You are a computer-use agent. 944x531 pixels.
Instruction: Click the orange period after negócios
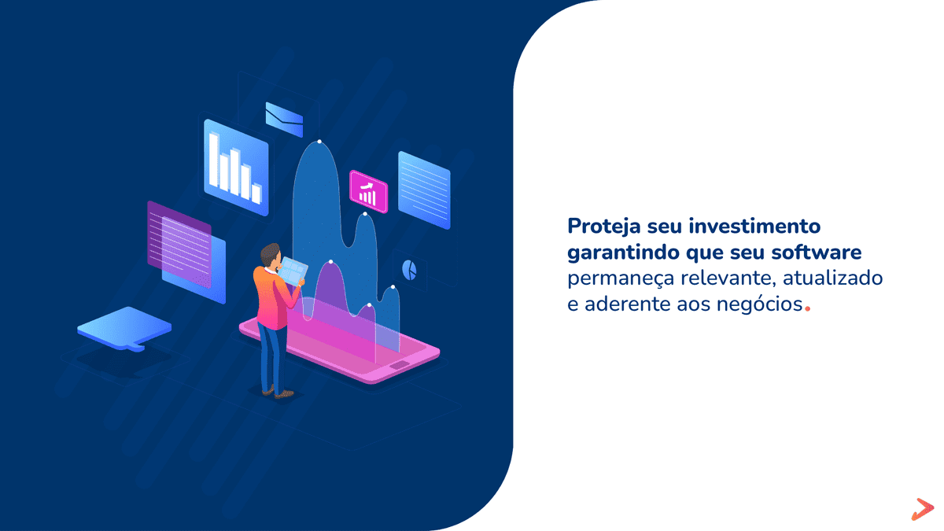pos(808,309)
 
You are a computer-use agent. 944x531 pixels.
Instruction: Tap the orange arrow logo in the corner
pos(920,508)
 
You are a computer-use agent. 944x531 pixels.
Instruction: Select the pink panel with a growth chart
pos(368,191)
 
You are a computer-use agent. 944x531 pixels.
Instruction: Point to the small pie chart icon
pos(409,269)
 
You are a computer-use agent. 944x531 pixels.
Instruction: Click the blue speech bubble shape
pos(124,327)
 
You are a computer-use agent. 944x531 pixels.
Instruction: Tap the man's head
pos(270,255)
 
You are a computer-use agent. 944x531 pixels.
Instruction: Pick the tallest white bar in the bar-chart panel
pos(213,160)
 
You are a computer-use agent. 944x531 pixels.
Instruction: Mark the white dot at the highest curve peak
pos(319,142)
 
